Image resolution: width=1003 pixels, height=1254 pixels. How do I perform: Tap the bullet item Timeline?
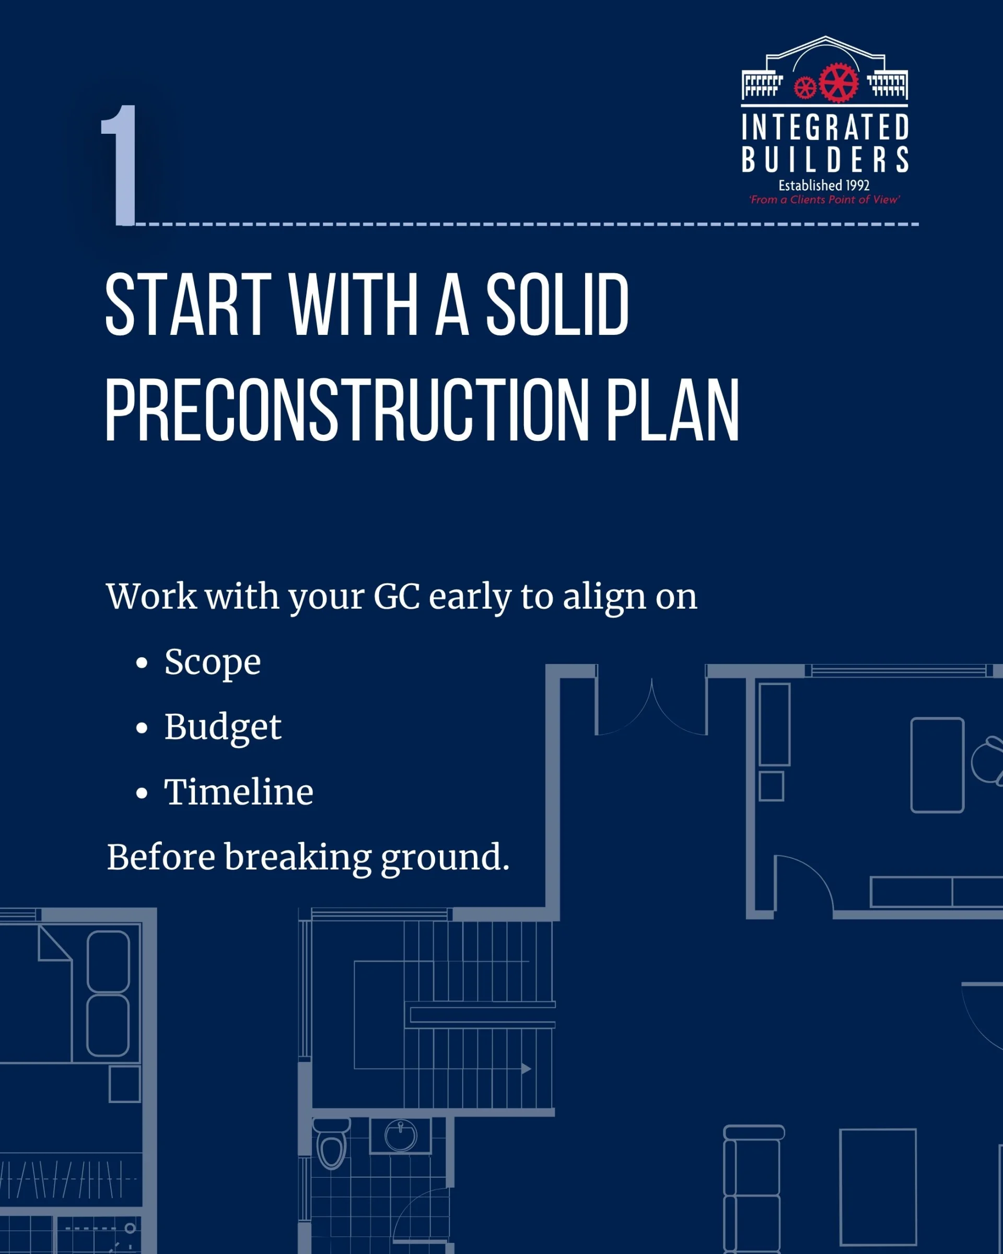pyautogui.click(x=238, y=792)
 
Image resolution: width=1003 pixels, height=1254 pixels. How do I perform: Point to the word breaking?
pyautogui.click(x=298, y=858)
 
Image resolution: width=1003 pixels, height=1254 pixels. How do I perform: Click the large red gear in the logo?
pyautogui.click(x=838, y=83)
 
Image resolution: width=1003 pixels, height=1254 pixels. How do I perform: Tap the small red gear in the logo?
pyautogui.click(x=806, y=88)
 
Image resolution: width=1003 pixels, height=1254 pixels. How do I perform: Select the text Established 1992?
pyautogui.click(x=824, y=185)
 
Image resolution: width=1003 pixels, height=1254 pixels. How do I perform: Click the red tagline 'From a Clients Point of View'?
pyautogui.click(x=824, y=200)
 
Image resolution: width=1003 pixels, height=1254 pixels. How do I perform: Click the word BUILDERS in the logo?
pyautogui.click(x=825, y=159)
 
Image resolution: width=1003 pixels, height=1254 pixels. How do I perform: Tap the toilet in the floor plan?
pyautogui.click(x=331, y=1143)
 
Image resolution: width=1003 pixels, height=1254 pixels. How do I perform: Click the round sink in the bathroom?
pyautogui.click(x=401, y=1135)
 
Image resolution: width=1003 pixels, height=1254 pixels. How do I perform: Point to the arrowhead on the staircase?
pyautogui.click(x=526, y=1069)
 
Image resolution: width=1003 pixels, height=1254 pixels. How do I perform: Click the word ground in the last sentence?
pyautogui.click(x=445, y=858)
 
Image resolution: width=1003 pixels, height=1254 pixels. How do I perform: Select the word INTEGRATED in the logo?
pyautogui.click(x=825, y=127)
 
